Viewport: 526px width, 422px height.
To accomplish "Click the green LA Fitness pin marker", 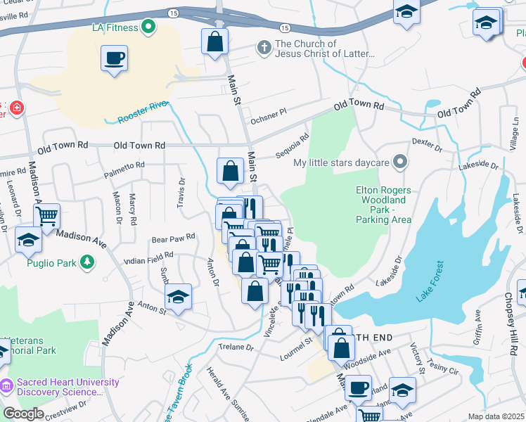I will [x=148, y=27].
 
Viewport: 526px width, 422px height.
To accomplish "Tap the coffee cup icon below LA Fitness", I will [x=114, y=58].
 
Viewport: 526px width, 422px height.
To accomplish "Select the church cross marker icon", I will [x=264, y=48].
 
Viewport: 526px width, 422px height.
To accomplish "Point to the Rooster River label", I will [x=143, y=112].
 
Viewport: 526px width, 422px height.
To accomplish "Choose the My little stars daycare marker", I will [x=400, y=163].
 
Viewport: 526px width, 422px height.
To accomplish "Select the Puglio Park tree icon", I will [x=86, y=263].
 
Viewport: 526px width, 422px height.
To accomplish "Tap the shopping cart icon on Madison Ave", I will [x=47, y=217].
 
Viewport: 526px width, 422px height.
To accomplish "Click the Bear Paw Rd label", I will [x=173, y=239].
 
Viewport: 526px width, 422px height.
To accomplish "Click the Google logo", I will [x=23, y=414].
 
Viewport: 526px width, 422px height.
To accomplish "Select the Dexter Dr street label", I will [x=426, y=145].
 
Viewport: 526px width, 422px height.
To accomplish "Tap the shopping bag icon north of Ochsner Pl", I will [x=215, y=42].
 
